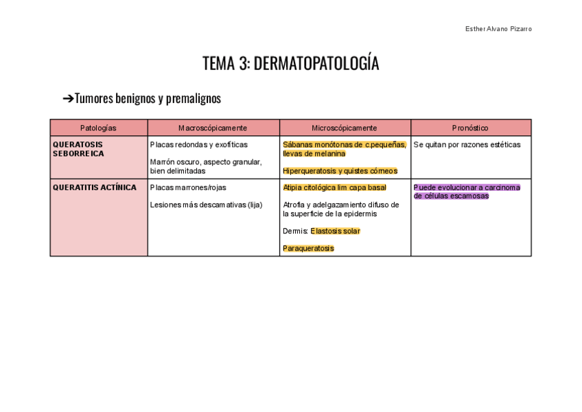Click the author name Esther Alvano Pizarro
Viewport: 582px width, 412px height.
click(x=498, y=29)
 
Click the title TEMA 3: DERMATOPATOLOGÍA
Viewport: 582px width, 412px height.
click(x=290, y=64)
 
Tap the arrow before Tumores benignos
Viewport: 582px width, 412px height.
click(x=68, y=99)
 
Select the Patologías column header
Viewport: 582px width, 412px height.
click(x=98, y=128)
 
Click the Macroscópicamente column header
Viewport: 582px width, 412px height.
click(x=213, y=128)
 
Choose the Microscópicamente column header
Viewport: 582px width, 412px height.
click(x=345, y=128)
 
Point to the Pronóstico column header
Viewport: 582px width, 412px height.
click(x=470, y=128)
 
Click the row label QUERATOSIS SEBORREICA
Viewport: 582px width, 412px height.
click(x=78, y=149)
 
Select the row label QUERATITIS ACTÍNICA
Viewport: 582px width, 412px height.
click(x=95, y=187)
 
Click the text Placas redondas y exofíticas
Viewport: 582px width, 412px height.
click(x=199, y=145)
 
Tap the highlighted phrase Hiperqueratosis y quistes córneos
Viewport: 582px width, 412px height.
click(x=340, y=171)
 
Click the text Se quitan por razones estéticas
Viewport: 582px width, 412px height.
click(x=467, y=145)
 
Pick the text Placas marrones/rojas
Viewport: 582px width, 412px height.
click(x=188, y=187)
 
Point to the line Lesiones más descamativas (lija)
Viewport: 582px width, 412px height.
click(x=206, y=205)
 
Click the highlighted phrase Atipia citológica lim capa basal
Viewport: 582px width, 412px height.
click(x=334, y=187)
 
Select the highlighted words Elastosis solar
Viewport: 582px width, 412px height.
click(x=335, y=231)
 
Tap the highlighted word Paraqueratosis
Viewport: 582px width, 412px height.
click(x=308, y=249)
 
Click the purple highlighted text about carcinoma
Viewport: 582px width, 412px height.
click(x=467, y=192)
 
